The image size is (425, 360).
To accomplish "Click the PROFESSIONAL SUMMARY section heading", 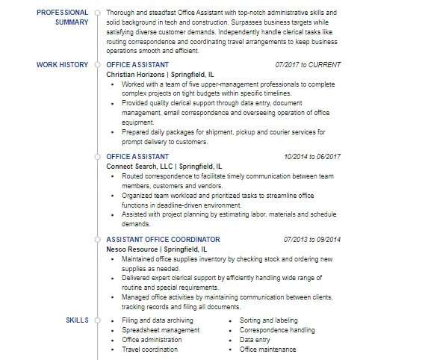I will click(63, 17).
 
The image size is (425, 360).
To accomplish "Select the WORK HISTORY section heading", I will click(62, 65).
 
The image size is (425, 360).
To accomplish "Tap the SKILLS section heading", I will click(77, 320).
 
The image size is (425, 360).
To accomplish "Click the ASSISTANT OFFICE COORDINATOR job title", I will click(153, 240).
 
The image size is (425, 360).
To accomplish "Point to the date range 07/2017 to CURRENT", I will click(307, 65).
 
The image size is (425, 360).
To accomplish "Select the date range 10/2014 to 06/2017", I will click(311, 157).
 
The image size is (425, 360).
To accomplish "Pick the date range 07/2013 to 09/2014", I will click(311, 240).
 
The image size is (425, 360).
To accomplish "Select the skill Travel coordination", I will click(149, 350).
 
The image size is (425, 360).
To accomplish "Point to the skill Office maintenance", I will click(267, 350).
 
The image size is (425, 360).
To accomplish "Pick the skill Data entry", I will click(255, 340).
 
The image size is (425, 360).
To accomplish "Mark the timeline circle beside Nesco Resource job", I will click(98, 240).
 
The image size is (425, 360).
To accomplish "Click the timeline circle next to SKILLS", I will click(98, 320).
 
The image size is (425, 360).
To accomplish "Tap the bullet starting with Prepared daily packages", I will click(224, 137).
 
